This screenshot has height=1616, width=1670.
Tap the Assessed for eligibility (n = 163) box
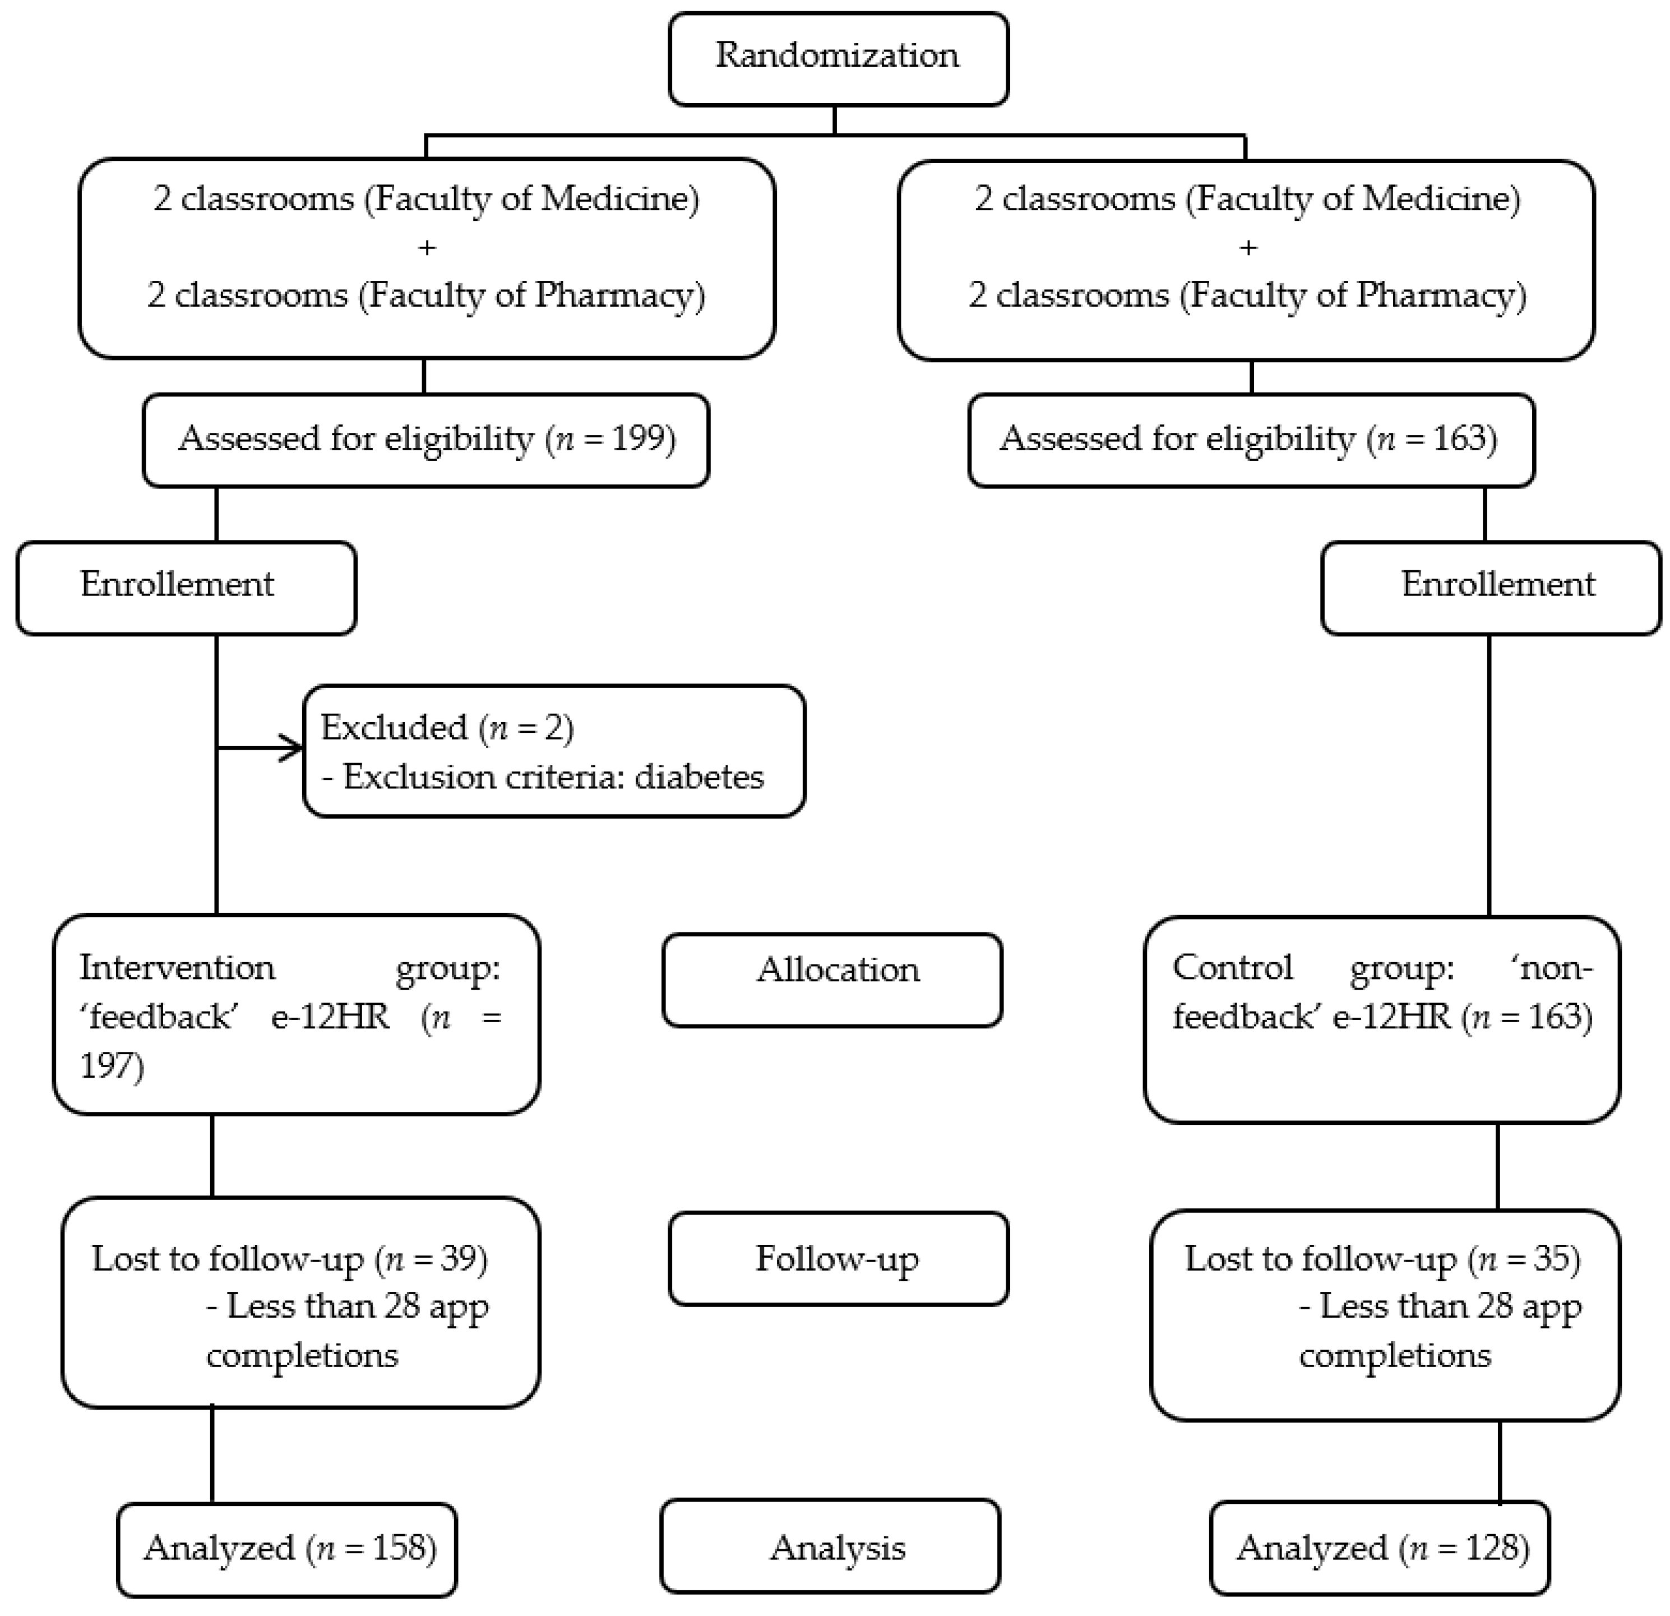(x=1251, y=440)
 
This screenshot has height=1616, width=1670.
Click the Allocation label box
(x=832, y=980)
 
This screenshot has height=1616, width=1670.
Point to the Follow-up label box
(x=839, y=1259)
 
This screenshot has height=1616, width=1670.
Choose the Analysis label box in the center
(x=830, y=1547)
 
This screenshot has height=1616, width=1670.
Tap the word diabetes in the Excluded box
(x=700, y=777)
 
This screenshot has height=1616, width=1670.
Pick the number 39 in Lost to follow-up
(x=460, y=1259)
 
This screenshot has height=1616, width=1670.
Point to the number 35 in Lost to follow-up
(x=1552, y=1259)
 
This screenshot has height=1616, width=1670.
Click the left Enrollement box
(x=186, y=587)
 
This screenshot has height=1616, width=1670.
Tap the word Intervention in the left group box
(x=177, y=967)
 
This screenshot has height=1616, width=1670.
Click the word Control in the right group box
(x=1232, y=967)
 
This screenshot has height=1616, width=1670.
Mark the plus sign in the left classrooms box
(x=427, y=247)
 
